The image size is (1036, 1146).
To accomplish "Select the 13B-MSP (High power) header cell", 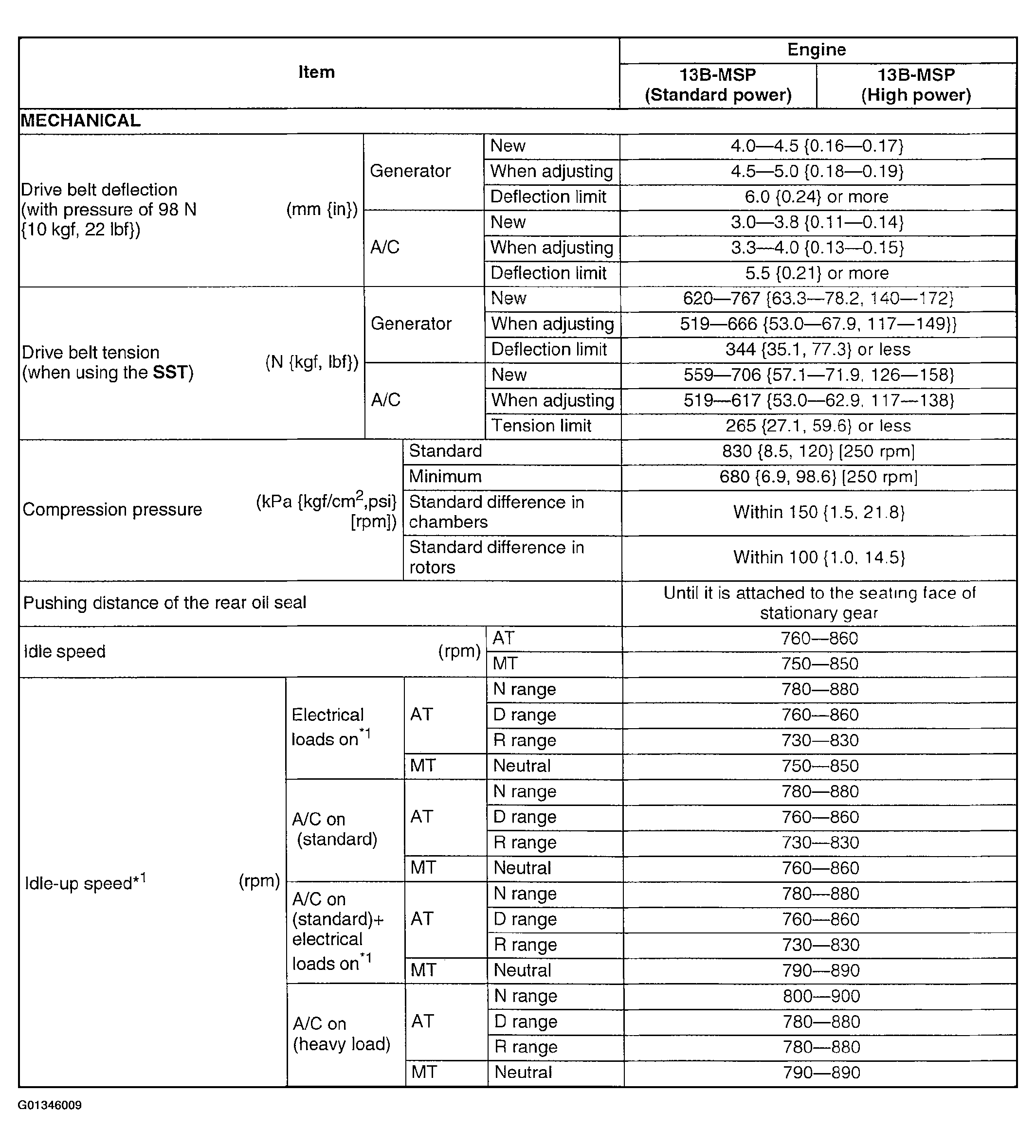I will [x=915, y=85].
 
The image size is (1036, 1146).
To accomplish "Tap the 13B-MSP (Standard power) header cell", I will [x=718, y=85].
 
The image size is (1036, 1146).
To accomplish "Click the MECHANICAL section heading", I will [x=81, y=121].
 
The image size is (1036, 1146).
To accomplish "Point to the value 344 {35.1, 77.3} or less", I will [x=817, y=349].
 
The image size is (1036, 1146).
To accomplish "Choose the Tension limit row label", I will [x=541, y=426].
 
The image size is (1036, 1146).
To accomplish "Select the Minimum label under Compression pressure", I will [x=445, y=476].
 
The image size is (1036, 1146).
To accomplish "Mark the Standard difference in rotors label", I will [x=496, y=557].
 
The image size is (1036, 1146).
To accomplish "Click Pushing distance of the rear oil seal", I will [x=164, y=603].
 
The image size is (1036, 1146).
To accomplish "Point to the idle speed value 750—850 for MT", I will [x=819, y=664].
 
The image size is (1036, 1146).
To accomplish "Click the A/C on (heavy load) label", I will [x=341, y=1034].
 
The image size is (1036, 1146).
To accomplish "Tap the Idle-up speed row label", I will [x=85, y=882].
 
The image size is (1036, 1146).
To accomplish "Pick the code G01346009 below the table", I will [x=50, y=1105].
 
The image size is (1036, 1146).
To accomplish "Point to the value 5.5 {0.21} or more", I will [x=817, y=273].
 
